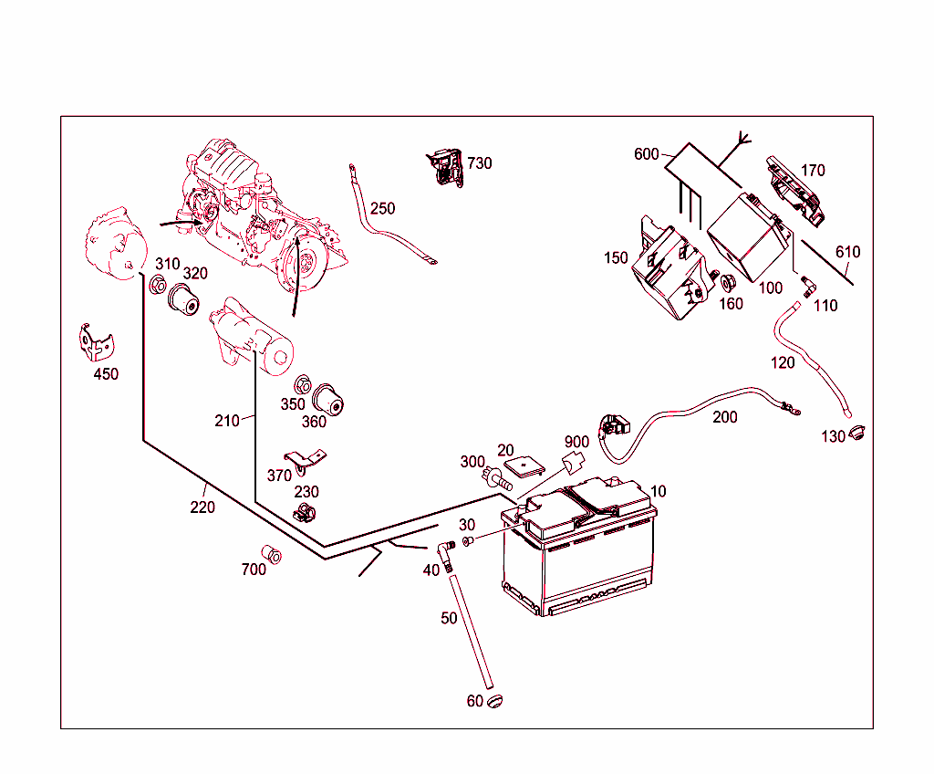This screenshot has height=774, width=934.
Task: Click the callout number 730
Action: point(480,163)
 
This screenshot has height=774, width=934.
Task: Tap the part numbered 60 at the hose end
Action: point(495,701)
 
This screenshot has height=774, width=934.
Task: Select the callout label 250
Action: point(383,208)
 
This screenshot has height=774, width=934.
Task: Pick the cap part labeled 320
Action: point(184,299)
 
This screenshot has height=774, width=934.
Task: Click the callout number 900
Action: point(576,443)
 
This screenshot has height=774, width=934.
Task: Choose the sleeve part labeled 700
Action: point(271,554)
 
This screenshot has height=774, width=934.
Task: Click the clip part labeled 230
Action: point(305,512)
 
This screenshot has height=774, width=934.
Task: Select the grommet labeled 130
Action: point(856,433)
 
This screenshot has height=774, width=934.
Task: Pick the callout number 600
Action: point(646,153)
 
